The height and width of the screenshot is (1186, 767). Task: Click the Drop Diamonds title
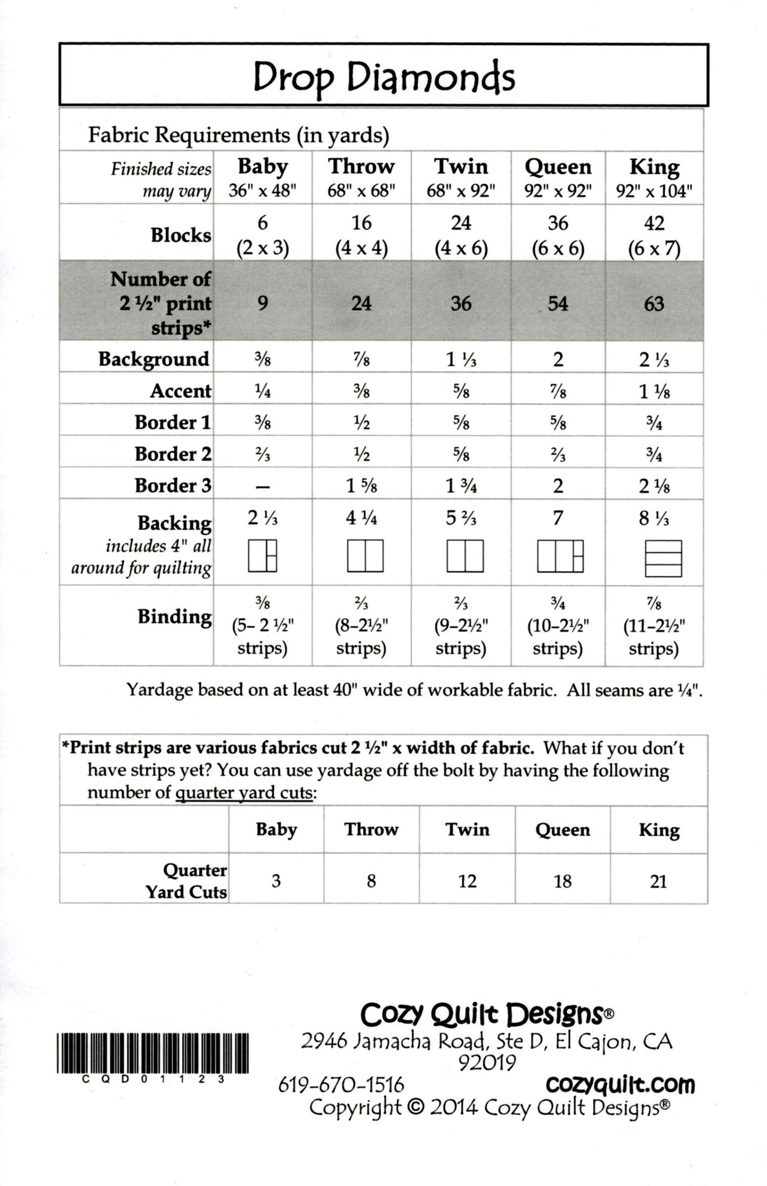coord(383,78)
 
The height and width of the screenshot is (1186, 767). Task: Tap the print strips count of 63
coord(654,303)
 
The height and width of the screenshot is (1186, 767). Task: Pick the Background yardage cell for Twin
coord(461,359)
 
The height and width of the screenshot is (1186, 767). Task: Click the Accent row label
coord(180,391)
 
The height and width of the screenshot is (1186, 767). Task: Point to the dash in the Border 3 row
coord(262,486)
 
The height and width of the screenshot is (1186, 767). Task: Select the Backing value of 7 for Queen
coord(558,518)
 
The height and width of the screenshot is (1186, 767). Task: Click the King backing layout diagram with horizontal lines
coord(663,559)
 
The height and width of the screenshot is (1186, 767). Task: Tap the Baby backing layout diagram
coord(262,556)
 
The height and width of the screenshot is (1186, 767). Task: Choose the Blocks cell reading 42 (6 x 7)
coord(654,235)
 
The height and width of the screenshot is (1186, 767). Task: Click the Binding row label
coord(174,616)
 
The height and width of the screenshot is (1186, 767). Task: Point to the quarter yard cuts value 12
coord(467,881)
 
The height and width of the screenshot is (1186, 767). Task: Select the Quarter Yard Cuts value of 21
coord(658,881)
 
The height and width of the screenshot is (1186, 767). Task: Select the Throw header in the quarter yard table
coord(371,830)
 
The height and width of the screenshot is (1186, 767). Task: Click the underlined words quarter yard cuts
coord(244,792)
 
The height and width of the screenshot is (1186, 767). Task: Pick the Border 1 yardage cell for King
coord(654,423)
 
